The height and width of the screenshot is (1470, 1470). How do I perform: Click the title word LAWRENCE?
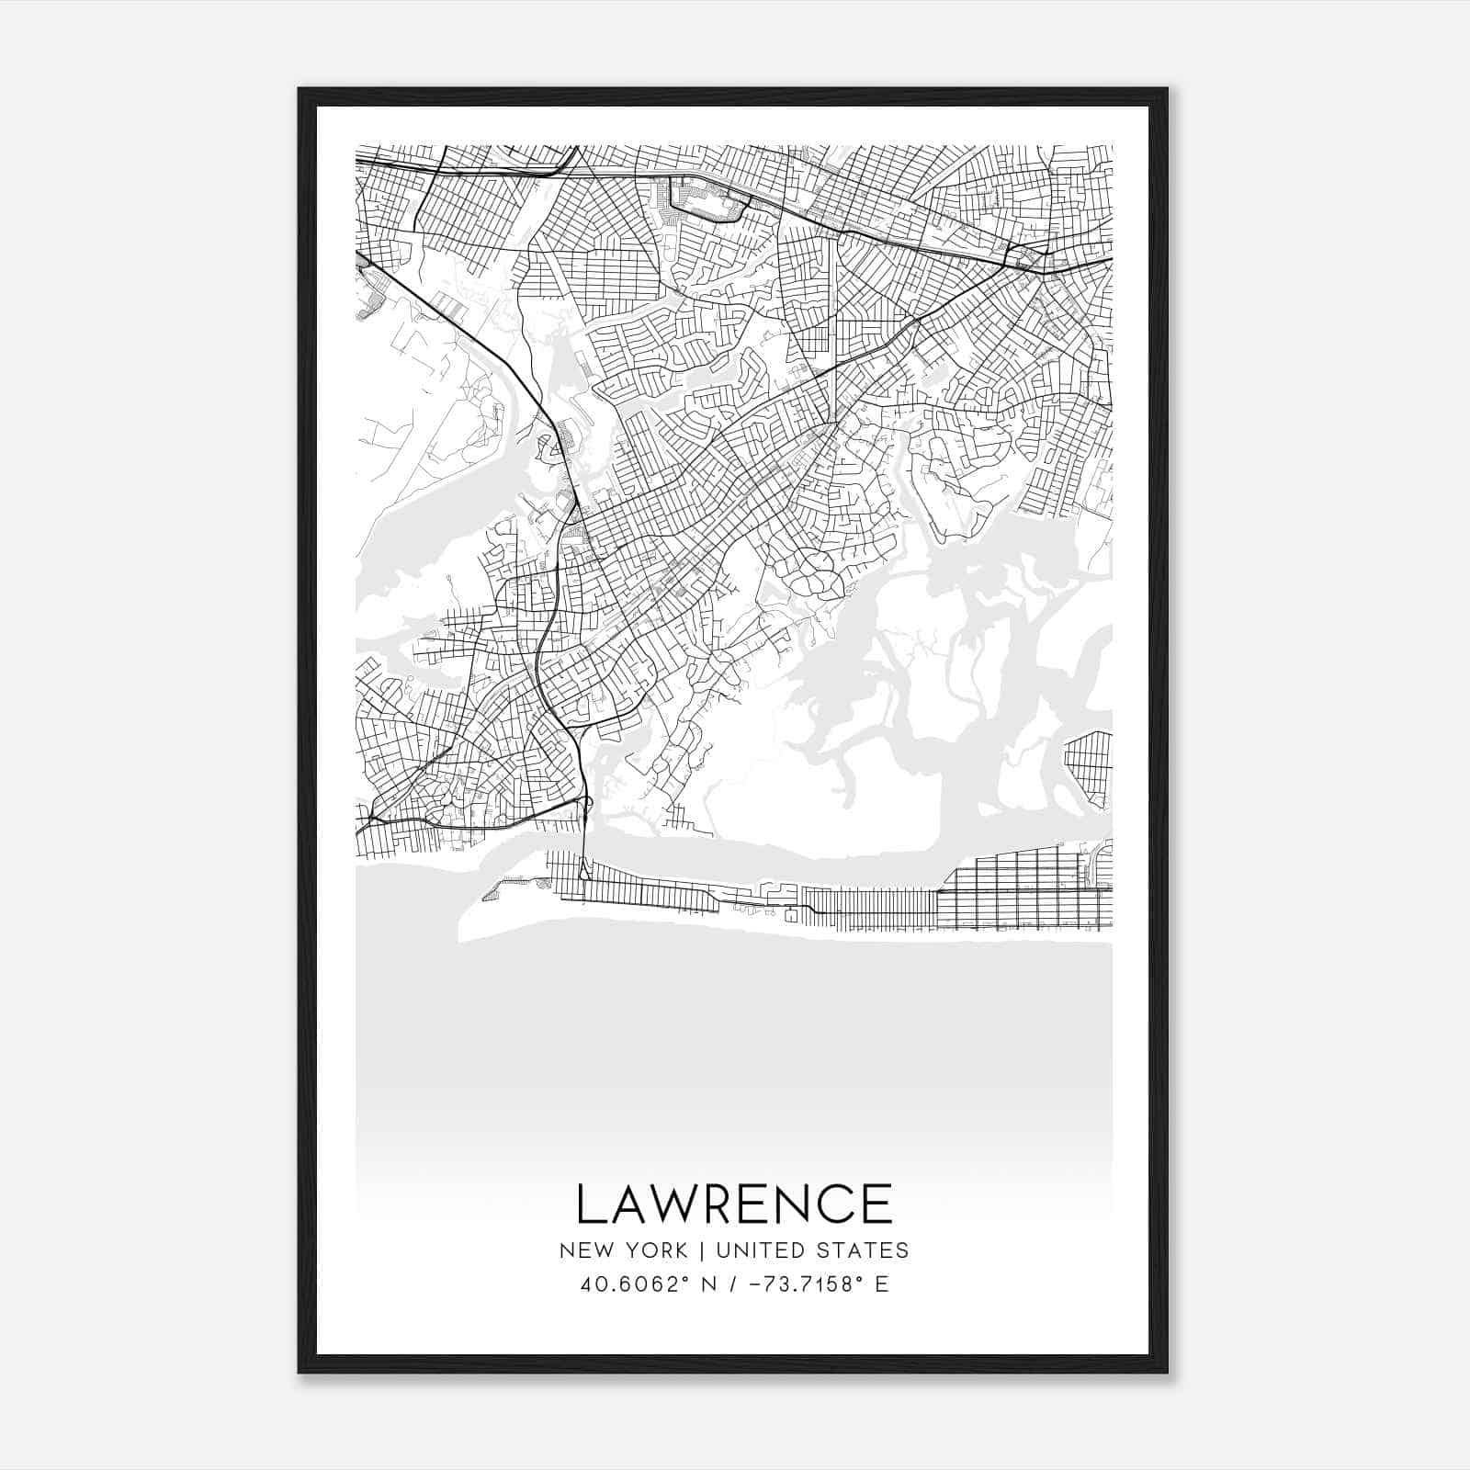(734, 1204)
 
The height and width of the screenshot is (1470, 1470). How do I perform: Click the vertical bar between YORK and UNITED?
(701, 1250)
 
